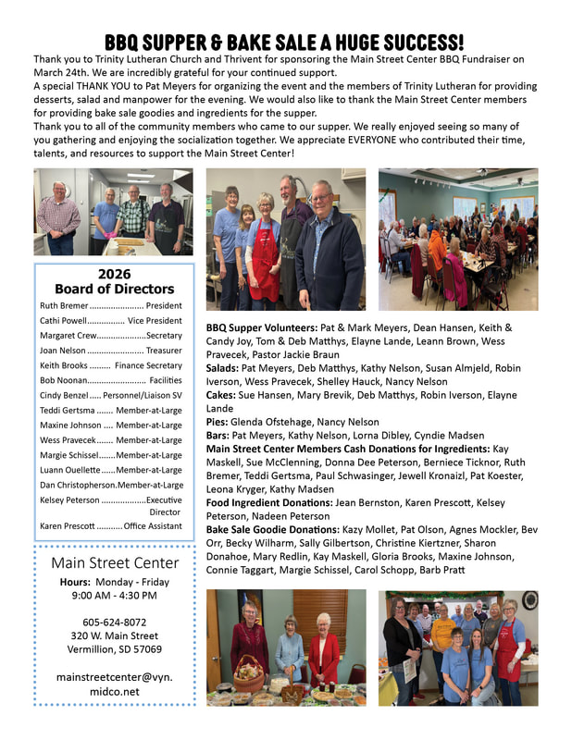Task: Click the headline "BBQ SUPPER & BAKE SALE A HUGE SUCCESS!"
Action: point(284,42)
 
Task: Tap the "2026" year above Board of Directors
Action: point(114,274)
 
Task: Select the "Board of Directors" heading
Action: point(114,290)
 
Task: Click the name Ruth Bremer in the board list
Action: point(64,305)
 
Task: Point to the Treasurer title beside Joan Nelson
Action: point(164,351)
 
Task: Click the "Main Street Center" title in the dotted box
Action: point(115,562)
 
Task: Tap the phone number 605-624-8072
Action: point(114,622)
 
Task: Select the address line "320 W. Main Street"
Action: point(114,635)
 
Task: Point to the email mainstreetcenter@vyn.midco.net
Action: point(114,684)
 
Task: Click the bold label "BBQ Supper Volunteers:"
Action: point(262,327)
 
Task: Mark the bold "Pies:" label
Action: point(218,422)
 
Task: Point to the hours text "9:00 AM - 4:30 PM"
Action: point(114,595)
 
